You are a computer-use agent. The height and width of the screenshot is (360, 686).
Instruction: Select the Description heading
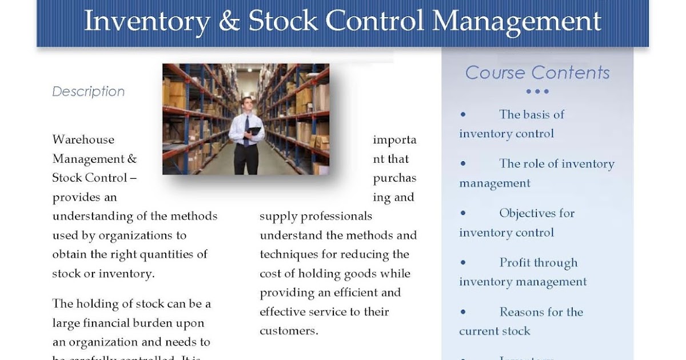tap(88, 91)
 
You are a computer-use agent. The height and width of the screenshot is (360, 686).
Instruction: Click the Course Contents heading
tap(537, 73)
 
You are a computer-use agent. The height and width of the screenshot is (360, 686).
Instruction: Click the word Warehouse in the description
tap(83, 139)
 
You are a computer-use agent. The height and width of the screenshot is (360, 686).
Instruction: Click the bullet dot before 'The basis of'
tap(463, 114)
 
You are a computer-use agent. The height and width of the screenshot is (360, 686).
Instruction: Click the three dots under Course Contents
tap(537, 91)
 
